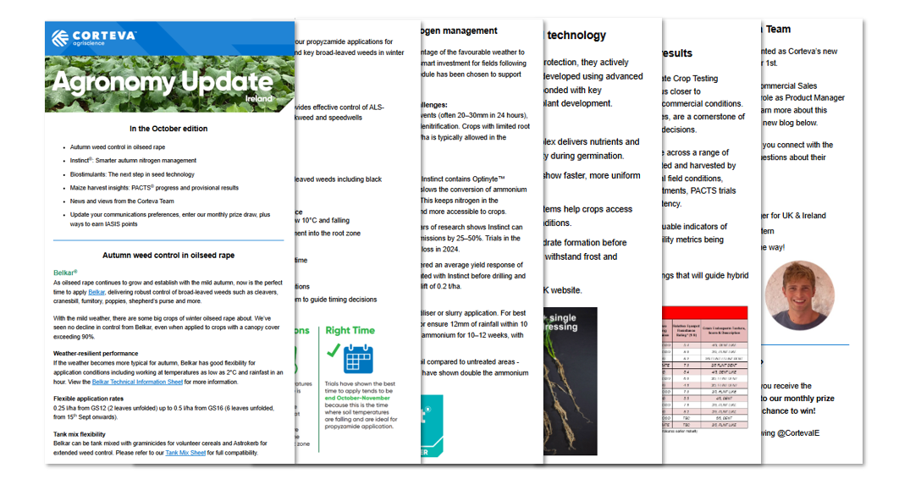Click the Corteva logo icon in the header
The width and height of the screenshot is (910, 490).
(x=61, y=38)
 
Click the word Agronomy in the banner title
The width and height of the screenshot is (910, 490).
(x=115, y=83)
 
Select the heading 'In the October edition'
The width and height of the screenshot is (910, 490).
(x=168, y=129)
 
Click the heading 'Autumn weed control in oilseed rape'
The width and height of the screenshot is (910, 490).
(x=168, y=255)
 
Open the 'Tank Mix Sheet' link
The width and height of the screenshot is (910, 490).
(x=185, y=454)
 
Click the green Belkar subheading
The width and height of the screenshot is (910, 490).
(x=64, y=273)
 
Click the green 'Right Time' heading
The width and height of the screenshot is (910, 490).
(x=350, y=330)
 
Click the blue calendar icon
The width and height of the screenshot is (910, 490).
(x=359, y=359)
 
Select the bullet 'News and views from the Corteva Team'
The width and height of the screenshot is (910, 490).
(x=126, y=201)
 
